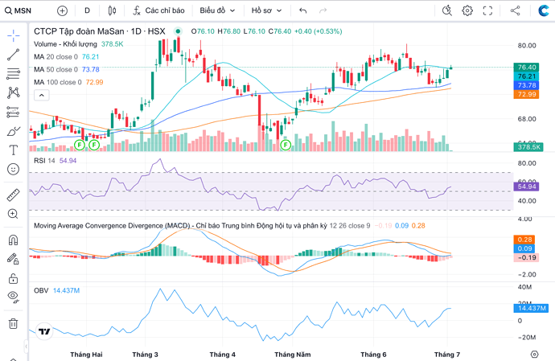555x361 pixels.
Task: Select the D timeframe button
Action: click(x=88, y=10)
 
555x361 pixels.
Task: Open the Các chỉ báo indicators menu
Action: click(x=160, y=10)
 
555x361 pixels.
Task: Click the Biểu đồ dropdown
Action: click(x=217, y=10)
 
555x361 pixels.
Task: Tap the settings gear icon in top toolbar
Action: click(x=467, y=10)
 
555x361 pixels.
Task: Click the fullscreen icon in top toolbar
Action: click(x=487, y=10)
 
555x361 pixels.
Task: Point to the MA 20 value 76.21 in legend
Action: click(x=90, y=57)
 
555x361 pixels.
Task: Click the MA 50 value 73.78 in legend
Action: click(x=90, y=69)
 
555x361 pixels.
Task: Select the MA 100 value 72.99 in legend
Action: click(x=94, y=82)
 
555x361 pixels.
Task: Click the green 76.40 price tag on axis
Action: click(x=528, y=68)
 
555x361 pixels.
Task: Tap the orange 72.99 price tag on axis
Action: click(x=528, y=94)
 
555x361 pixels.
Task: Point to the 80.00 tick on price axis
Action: click(x=528, y=45)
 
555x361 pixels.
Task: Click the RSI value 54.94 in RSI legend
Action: click(x=68, y=161)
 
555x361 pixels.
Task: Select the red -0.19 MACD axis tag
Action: click(x=528, y=257)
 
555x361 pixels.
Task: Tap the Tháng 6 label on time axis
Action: click(x=373, y=354)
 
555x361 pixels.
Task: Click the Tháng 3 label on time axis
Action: click(x=145, y=354)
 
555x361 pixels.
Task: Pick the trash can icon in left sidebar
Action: click(x=13, y=323)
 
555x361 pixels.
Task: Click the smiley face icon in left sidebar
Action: click(x=13, y=170)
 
